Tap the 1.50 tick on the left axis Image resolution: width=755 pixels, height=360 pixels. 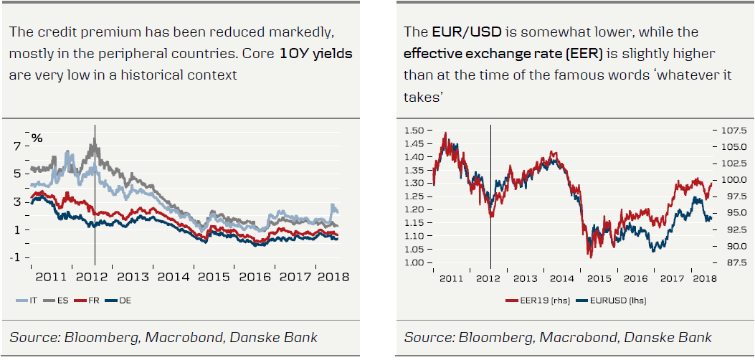coord(414,131)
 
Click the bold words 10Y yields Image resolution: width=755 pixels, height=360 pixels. coord(316,53)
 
